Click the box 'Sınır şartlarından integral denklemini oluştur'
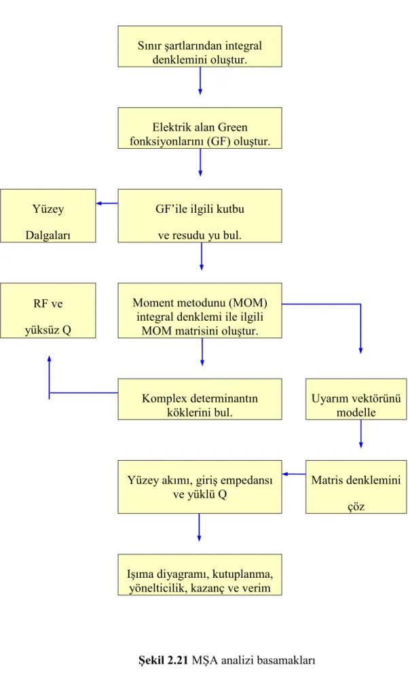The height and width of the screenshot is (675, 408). (200, 46)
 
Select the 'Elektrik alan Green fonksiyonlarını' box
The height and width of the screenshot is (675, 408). (200, 128)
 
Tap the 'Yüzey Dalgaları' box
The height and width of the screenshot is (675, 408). (48, 215)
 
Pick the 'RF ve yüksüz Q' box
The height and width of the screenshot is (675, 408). (48, 311)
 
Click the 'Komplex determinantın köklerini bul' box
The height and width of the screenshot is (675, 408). (200, 399)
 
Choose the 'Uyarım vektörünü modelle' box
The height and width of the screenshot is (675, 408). (356, 399)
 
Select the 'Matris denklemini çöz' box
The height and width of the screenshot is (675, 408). (356, 487)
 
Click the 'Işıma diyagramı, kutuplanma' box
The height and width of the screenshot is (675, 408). (200, 574)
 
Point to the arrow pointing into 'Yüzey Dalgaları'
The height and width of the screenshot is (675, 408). (107, 203)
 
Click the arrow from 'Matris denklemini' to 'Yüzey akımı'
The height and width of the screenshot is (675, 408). (294, 474)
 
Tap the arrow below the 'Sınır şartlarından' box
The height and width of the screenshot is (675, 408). (200, 80)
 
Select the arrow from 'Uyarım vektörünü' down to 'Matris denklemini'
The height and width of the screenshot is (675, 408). (360, 434)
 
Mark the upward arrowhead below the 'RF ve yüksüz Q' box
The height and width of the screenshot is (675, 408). (50, 359)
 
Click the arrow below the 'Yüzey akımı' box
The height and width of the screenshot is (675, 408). (199, 527)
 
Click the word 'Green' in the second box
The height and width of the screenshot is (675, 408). (233, 127)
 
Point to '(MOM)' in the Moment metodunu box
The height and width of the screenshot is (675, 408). (248, 302)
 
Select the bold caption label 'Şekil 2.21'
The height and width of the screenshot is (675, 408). (164, 660)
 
